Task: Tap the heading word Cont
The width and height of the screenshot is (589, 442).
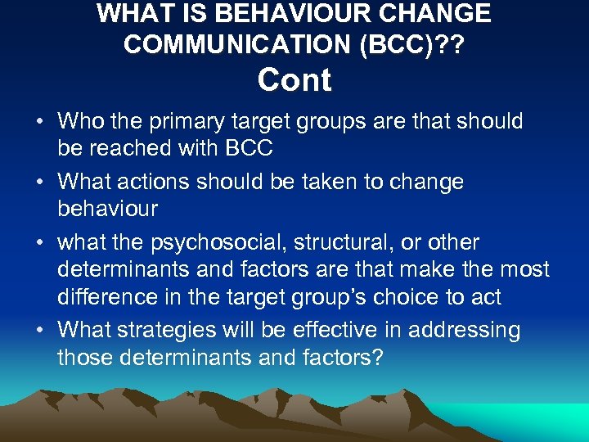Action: [x=294, y=81]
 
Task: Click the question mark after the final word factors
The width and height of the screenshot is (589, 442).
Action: [x=376, y=357]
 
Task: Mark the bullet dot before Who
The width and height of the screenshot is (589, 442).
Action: [x=40, y=122]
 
